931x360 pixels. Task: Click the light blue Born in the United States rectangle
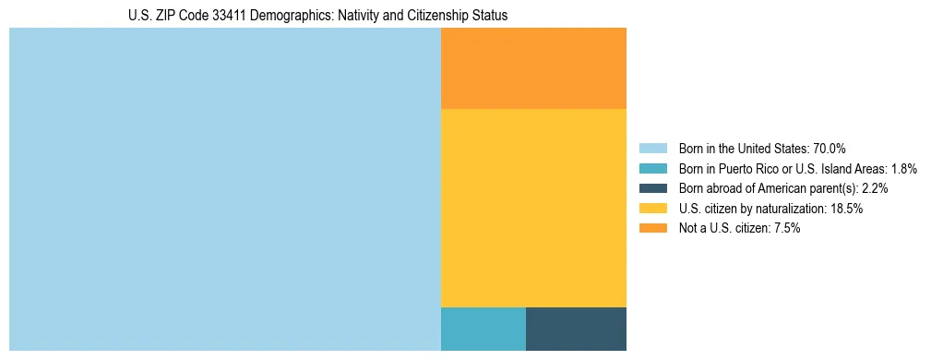coord(224,189)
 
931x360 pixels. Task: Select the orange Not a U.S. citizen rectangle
coord(533,68)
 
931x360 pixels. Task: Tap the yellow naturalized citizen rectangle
coord(533,208)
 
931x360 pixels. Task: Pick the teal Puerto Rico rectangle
coord(483,329)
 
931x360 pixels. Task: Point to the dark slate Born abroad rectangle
coord(576,329)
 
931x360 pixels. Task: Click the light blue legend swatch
coord(652,148)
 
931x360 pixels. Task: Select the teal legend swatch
coord(652,168)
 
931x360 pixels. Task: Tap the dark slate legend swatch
coord(652,188)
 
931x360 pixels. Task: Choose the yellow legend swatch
coord(652,209)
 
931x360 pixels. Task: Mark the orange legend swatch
coord(652,229)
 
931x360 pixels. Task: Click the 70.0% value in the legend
coord(829,148)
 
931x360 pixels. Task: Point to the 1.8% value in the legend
coord(903,168)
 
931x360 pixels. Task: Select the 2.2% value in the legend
coord(875,188)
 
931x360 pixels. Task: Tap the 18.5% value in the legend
coord(846,209)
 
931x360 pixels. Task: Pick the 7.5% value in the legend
coord(786,229)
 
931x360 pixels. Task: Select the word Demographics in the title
coord(297,16)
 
